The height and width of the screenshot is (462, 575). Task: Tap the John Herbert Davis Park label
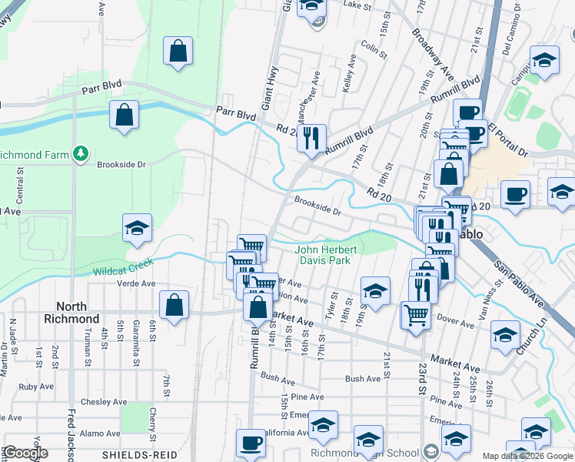pyautogui.click(x=323, y=255)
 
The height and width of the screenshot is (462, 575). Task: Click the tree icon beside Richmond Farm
pyautogui.click(x=79, y=154)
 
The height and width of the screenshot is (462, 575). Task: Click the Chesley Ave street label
pyautogui.click(x=104, y=402)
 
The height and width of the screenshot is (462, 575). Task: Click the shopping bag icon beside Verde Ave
pyautogui.click(x=174, y=304)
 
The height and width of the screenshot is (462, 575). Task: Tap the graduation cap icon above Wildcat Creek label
pyautogui.click(x=137, y=228)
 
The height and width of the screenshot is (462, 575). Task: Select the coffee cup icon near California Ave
pyautogui.click(x=250, y=443)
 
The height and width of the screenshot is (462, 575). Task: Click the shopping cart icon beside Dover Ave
pyautogui.click(x=416, y=313)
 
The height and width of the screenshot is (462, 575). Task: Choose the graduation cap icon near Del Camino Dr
pyautogui.click(x=544, y=61)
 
